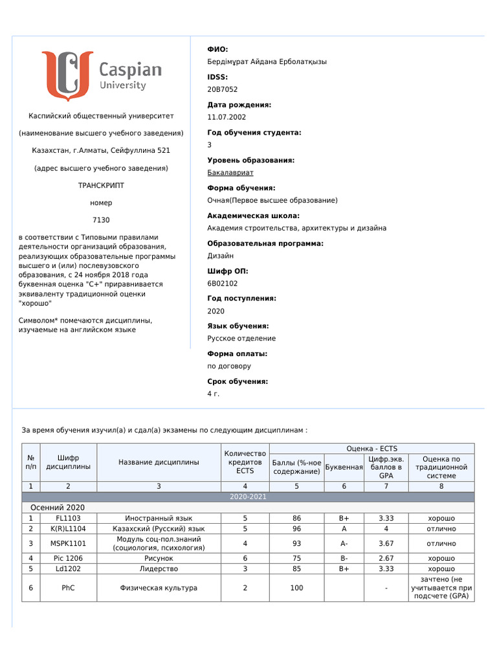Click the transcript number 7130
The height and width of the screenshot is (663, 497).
pos(101,220)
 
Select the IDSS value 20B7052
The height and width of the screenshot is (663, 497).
pos(222,89)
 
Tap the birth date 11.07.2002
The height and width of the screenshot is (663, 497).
pos(226,117)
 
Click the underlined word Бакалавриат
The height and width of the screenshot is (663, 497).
pos(230,173)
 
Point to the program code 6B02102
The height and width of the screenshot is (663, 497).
pos(223,284)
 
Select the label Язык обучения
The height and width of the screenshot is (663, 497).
pos(237,326)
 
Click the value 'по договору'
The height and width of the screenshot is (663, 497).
pos(229,366)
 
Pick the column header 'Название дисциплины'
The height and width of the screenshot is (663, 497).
pos(159,462)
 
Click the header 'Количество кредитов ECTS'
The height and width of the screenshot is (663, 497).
pos(245,462)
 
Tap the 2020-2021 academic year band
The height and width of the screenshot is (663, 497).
pos(248,497)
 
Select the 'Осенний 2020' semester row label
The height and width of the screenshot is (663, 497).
pos(58,508)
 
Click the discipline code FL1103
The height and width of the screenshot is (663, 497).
pos(68,519)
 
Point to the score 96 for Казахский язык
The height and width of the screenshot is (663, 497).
pos(296,529)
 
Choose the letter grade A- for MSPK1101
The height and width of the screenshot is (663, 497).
pos(344,543)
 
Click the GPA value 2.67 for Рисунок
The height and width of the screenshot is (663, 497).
pos(386,558)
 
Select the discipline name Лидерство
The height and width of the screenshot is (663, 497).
pos(159,569)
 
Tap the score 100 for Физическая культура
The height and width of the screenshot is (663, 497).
pos(296,588)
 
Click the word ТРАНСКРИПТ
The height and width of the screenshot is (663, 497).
pos(101,185)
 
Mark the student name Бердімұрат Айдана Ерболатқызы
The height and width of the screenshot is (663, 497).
pos(267,62)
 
